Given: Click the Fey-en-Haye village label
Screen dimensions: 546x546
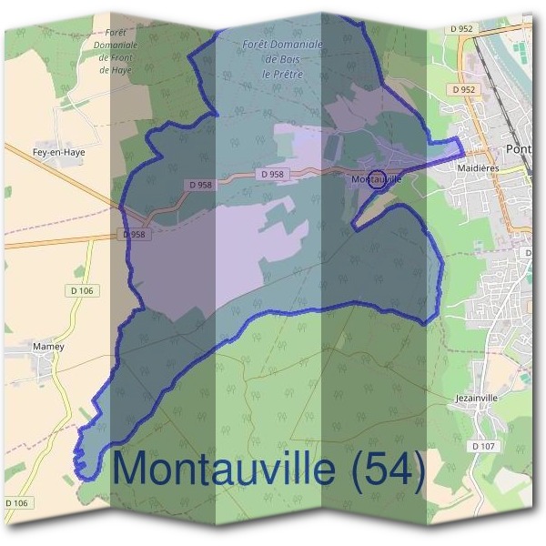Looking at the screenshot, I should coord(58,153).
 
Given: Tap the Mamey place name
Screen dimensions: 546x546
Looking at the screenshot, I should coord(47,347).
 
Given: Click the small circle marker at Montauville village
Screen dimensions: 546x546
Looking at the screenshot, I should coord(379,177).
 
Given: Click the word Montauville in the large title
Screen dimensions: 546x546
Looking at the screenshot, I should coord(226,469).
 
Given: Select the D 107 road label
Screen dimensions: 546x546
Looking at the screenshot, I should coord(484,446).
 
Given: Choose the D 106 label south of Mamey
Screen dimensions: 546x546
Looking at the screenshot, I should coord(17,502).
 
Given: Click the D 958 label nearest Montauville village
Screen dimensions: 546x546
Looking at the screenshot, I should coord(272,174).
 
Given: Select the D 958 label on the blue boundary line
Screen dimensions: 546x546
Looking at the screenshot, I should coord(134,234).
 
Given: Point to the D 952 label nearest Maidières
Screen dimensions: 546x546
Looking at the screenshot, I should coord(464,89).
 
